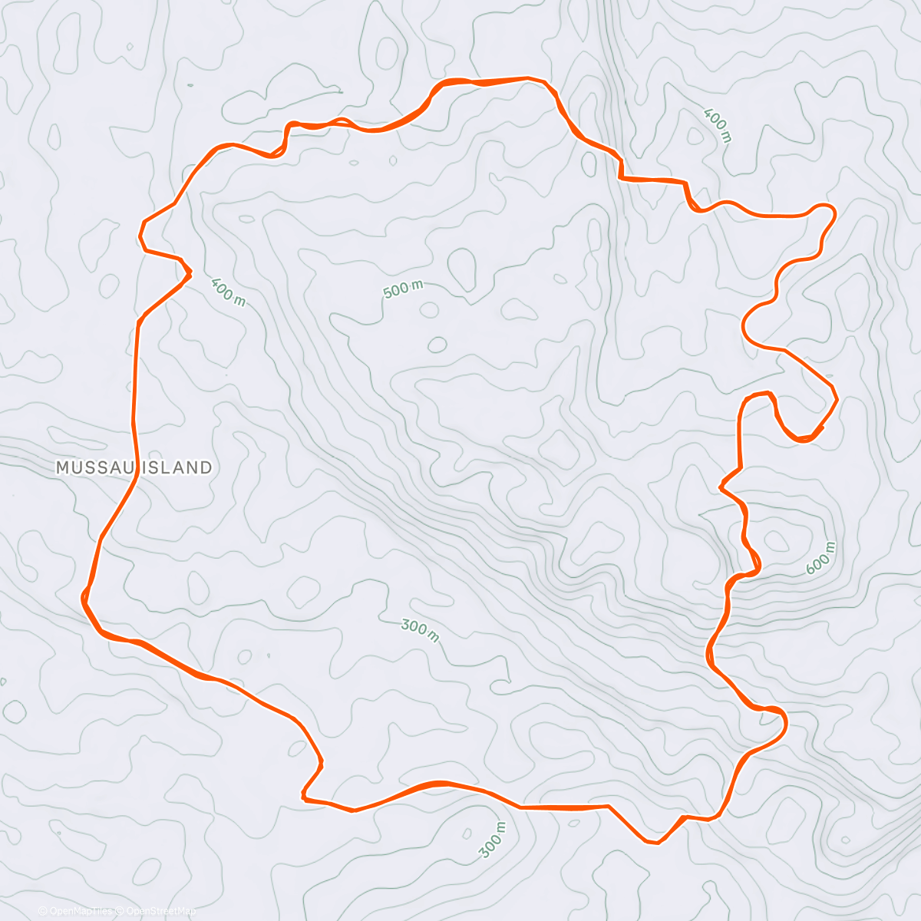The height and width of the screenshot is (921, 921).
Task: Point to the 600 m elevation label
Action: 820,558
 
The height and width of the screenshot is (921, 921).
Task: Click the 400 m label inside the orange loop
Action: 228,292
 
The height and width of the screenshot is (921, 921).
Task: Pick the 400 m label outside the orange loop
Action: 718,126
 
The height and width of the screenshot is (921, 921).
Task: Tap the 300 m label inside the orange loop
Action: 420,630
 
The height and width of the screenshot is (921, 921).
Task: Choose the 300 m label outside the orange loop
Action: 493,840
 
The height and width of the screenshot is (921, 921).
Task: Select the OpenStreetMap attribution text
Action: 160,911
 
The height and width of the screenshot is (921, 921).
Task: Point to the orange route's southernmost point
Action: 656,843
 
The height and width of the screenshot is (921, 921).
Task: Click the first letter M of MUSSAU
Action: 62,467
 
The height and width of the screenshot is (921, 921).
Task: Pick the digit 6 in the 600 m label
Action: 810,569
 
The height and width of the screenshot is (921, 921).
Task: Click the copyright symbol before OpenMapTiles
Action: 43,911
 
